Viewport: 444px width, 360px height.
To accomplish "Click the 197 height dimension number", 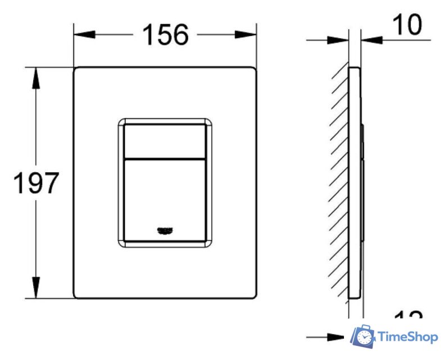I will pyautogui.click(x=36, y=183).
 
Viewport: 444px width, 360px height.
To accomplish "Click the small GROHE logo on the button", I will pyautogui.click(x=164, y=229).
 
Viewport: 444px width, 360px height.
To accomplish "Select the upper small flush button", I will pyautogui.click(x=164, y=138).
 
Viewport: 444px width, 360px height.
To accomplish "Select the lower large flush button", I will pyautogui.click(x=164, y=197).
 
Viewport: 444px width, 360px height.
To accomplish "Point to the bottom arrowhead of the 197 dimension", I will pyautogui.click(x=37, y=288).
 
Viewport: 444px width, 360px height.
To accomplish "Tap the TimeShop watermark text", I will pyautogui.click(x=408, y=336).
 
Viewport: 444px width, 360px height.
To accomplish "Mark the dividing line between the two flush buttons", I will pyautogui.click(x=164, y=157).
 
